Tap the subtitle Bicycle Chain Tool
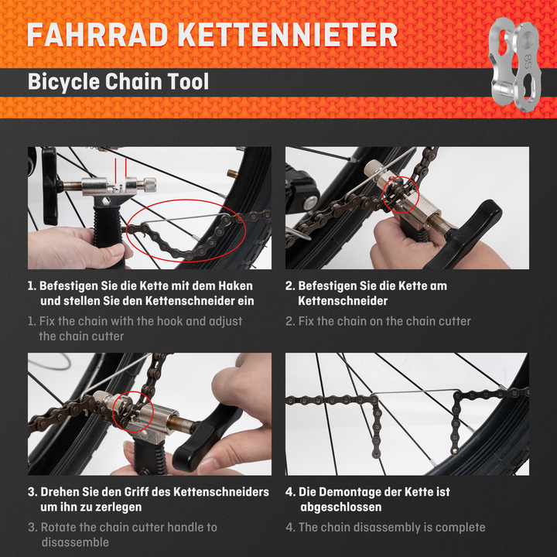point(118,81)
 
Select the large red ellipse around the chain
point(186,231)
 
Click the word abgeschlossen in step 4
point(340,507)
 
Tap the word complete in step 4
point(459,527)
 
